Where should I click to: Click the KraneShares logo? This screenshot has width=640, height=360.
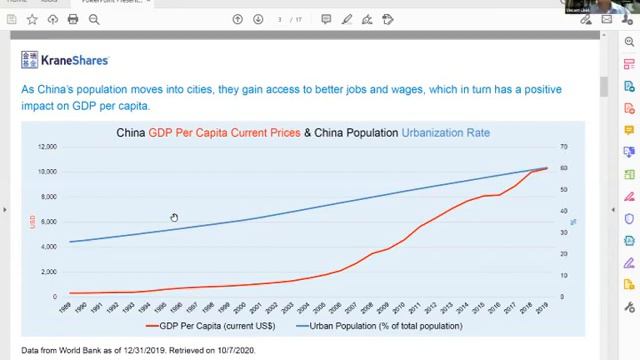pyautogui.click(x=65, y=60)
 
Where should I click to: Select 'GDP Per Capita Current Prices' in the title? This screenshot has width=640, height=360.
pyautogui.click(x=224, y=132)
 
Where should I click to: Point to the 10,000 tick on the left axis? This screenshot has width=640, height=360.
pyautogui.click(x=46, y=171)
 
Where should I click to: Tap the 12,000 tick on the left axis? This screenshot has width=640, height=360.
pyautogui.click(x=46, y=146)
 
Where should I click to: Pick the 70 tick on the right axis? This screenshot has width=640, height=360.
pyautogui.click(x=564, y=146)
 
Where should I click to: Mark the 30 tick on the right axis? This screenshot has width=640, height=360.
pyautogui.click(x=564, y=232)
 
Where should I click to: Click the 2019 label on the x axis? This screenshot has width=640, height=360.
pyautogui.click(x=542, y=309)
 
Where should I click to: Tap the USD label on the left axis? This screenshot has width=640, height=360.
pyautogui.click(x=32, y=221)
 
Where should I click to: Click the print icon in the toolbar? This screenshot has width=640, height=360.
pyautogui.click(x=73, y=19)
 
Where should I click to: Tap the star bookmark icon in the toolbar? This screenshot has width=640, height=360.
pyautogui.click(x=32, y=19)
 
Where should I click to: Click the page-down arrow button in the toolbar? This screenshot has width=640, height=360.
pyautogui.click(x=258, y=19)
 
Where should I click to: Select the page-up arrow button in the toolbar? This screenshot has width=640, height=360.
pyautogui.click(x=238, y=19)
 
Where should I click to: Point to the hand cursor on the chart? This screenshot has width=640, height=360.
pyautogui.click(x=174, y=218)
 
